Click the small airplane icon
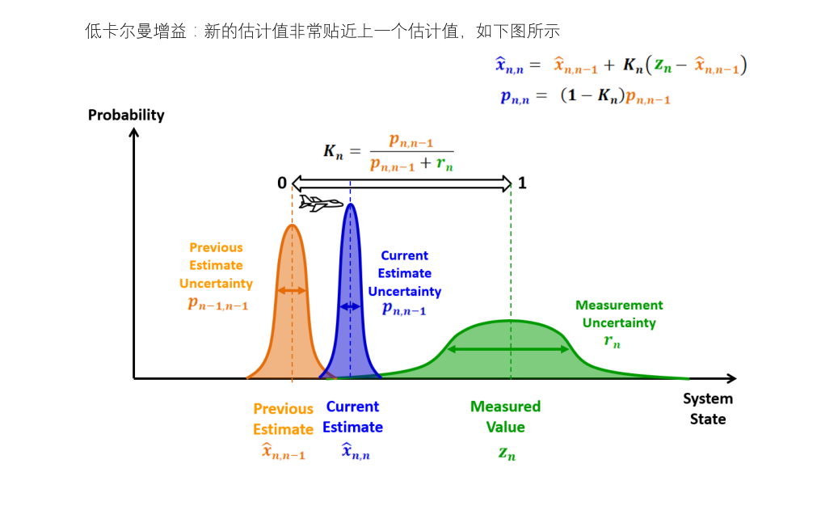[320, 203]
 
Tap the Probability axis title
[126, 115]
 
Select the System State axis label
[707, 408]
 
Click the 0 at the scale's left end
[282, 183]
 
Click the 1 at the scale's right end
[522, 183]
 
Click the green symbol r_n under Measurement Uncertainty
[612, 341]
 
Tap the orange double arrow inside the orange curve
[292, 290]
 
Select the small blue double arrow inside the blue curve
[350, 306]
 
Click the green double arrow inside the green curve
[508, 349]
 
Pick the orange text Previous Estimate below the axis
[283, 419]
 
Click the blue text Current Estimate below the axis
[352, 416]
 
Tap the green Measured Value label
[505, 416]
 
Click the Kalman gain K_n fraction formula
[389, 151]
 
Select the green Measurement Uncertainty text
[619, 314]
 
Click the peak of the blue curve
[350, 205]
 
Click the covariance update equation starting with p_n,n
[585, 96]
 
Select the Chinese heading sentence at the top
[322, 32]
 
